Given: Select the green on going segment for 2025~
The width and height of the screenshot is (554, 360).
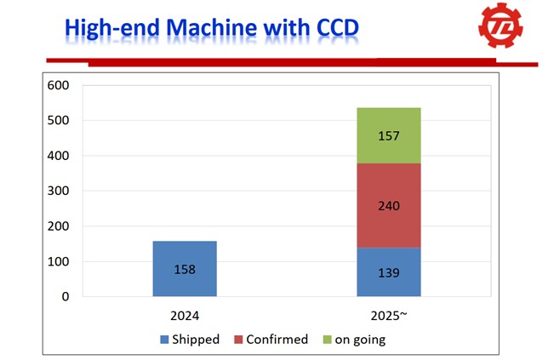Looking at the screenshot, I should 389,135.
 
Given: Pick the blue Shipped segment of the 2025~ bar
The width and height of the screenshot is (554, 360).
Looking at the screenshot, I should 389,272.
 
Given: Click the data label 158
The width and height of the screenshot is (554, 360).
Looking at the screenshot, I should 185,270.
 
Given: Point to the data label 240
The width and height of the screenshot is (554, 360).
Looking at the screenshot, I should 389,206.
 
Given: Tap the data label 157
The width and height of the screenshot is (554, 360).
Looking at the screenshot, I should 389,136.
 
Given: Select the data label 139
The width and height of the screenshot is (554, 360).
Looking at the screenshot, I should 389,273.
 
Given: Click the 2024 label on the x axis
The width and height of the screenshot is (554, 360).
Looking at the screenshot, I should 185,316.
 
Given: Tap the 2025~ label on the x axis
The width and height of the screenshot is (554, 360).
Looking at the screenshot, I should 389,316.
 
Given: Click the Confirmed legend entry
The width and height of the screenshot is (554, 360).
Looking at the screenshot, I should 271,340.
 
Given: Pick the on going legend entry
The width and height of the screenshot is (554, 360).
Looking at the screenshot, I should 354,340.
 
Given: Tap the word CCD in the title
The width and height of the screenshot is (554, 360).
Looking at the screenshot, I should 332,29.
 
